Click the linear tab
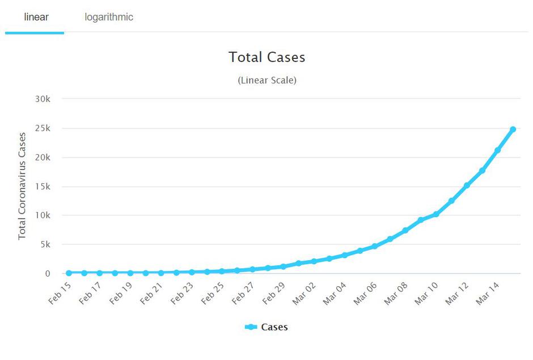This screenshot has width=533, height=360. tap(36, 17)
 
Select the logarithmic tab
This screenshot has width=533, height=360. tap(109, 17)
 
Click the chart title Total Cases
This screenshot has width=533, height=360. tap(266, 57)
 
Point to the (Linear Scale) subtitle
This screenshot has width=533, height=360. tap(266, 80)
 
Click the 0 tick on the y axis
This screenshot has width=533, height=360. tap(48, 274)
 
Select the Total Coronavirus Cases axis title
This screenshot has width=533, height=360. tap(22, 186)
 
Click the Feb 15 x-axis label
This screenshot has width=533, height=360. tap(59, 293)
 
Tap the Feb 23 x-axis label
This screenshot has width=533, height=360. tap(181, 293)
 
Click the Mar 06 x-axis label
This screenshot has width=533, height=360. tap(364, 293)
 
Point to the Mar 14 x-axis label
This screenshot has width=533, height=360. tap(487, 293)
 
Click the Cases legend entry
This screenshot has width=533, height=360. tap(266, 327)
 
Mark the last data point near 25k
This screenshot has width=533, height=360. tap(513, 129)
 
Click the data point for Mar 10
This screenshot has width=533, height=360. tap(436, 214)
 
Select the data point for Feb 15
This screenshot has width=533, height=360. tap(69, 273)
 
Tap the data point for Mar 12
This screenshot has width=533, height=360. tap(467, 185)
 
